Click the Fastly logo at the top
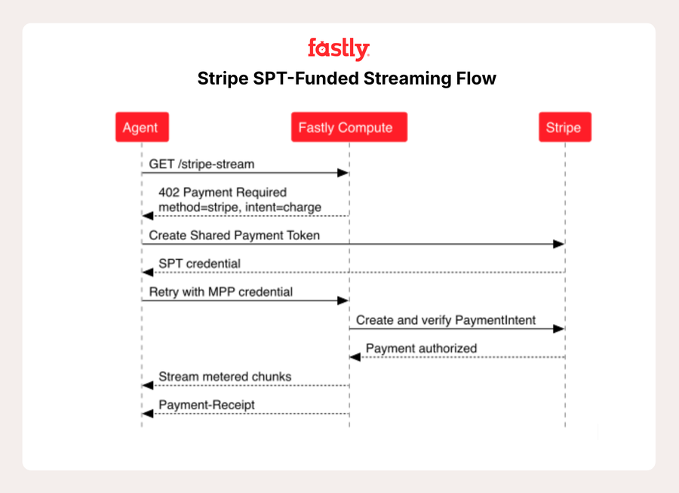tap(339, 49)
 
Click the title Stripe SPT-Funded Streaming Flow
tap(346, 79)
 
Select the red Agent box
tap(142, 127)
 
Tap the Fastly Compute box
tap(349, 127)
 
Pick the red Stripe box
tap(564, 127)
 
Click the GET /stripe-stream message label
tap(201, 164)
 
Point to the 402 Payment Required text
tap(223, 192)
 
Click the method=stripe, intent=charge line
tap(240, 207)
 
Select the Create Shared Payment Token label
tap(235, 236)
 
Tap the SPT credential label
tap(199, 263)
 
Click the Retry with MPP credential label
tap(221, 292)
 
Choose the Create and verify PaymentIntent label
tap(446, 320)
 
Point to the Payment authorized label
tap(421, 348)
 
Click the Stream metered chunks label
tap(225, 377)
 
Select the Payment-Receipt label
tap(207, 405)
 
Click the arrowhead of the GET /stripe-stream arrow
tap(343, 173)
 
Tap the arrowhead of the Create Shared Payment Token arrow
tap(558, 244)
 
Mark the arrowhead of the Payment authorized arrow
tap(355, 357)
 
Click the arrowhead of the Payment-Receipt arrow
tap(148, 414)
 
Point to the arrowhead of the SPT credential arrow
tap(148, 272)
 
